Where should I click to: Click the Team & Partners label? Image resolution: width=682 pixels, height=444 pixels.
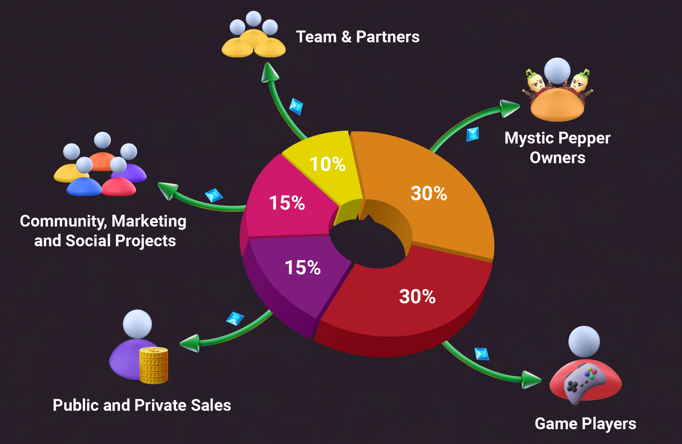click(x=357, y=37)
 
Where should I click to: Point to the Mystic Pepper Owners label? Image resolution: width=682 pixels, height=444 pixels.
click(x=557, y=148)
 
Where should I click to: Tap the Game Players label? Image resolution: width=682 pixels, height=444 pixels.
click(x=585, y=424)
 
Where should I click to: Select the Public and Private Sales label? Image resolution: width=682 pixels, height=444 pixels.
click(x=142, y=405)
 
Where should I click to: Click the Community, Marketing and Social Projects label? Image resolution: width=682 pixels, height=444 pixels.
click(x=103, y=231)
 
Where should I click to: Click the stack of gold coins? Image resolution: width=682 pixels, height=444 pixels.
click(x=154, y=365)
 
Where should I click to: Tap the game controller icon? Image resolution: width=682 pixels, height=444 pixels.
click(x=585, y=383)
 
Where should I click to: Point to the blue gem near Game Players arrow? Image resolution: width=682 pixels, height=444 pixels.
click(x=481, y=354)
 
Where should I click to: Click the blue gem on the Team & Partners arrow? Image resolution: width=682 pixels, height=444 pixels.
click(x=296, y=106)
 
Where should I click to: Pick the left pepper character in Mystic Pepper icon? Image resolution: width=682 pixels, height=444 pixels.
click(x=535, y=84)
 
